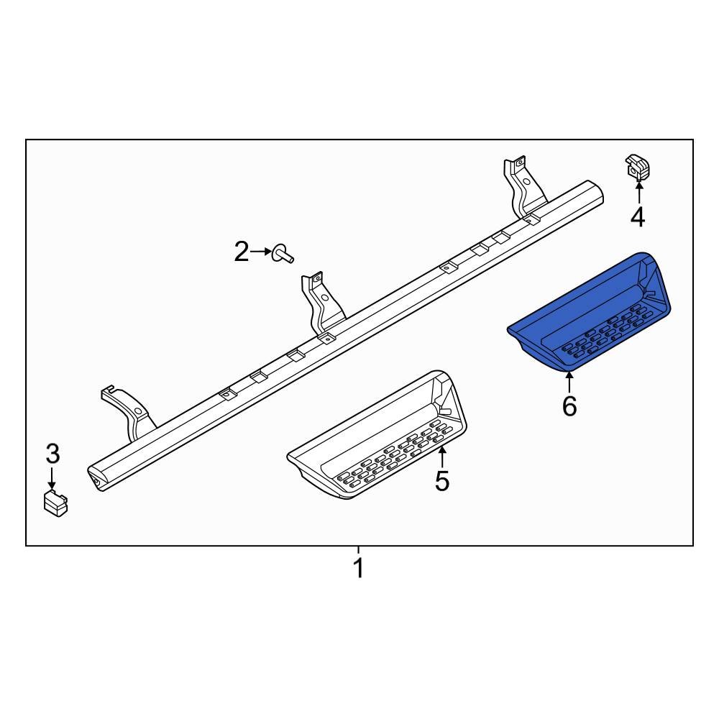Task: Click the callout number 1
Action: coord(358,568)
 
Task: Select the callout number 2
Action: coord(242,252)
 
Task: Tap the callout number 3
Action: coord(52,454)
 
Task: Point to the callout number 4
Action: coord(638,216)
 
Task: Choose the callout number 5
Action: coord(441,480)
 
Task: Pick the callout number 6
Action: coord(569,406)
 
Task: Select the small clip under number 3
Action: coord(56,503)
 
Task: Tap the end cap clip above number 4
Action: coord(637,168)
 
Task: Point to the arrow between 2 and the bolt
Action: coord(261,252)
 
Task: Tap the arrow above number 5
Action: coord(443,457)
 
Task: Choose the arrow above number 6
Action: coord(569,383)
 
